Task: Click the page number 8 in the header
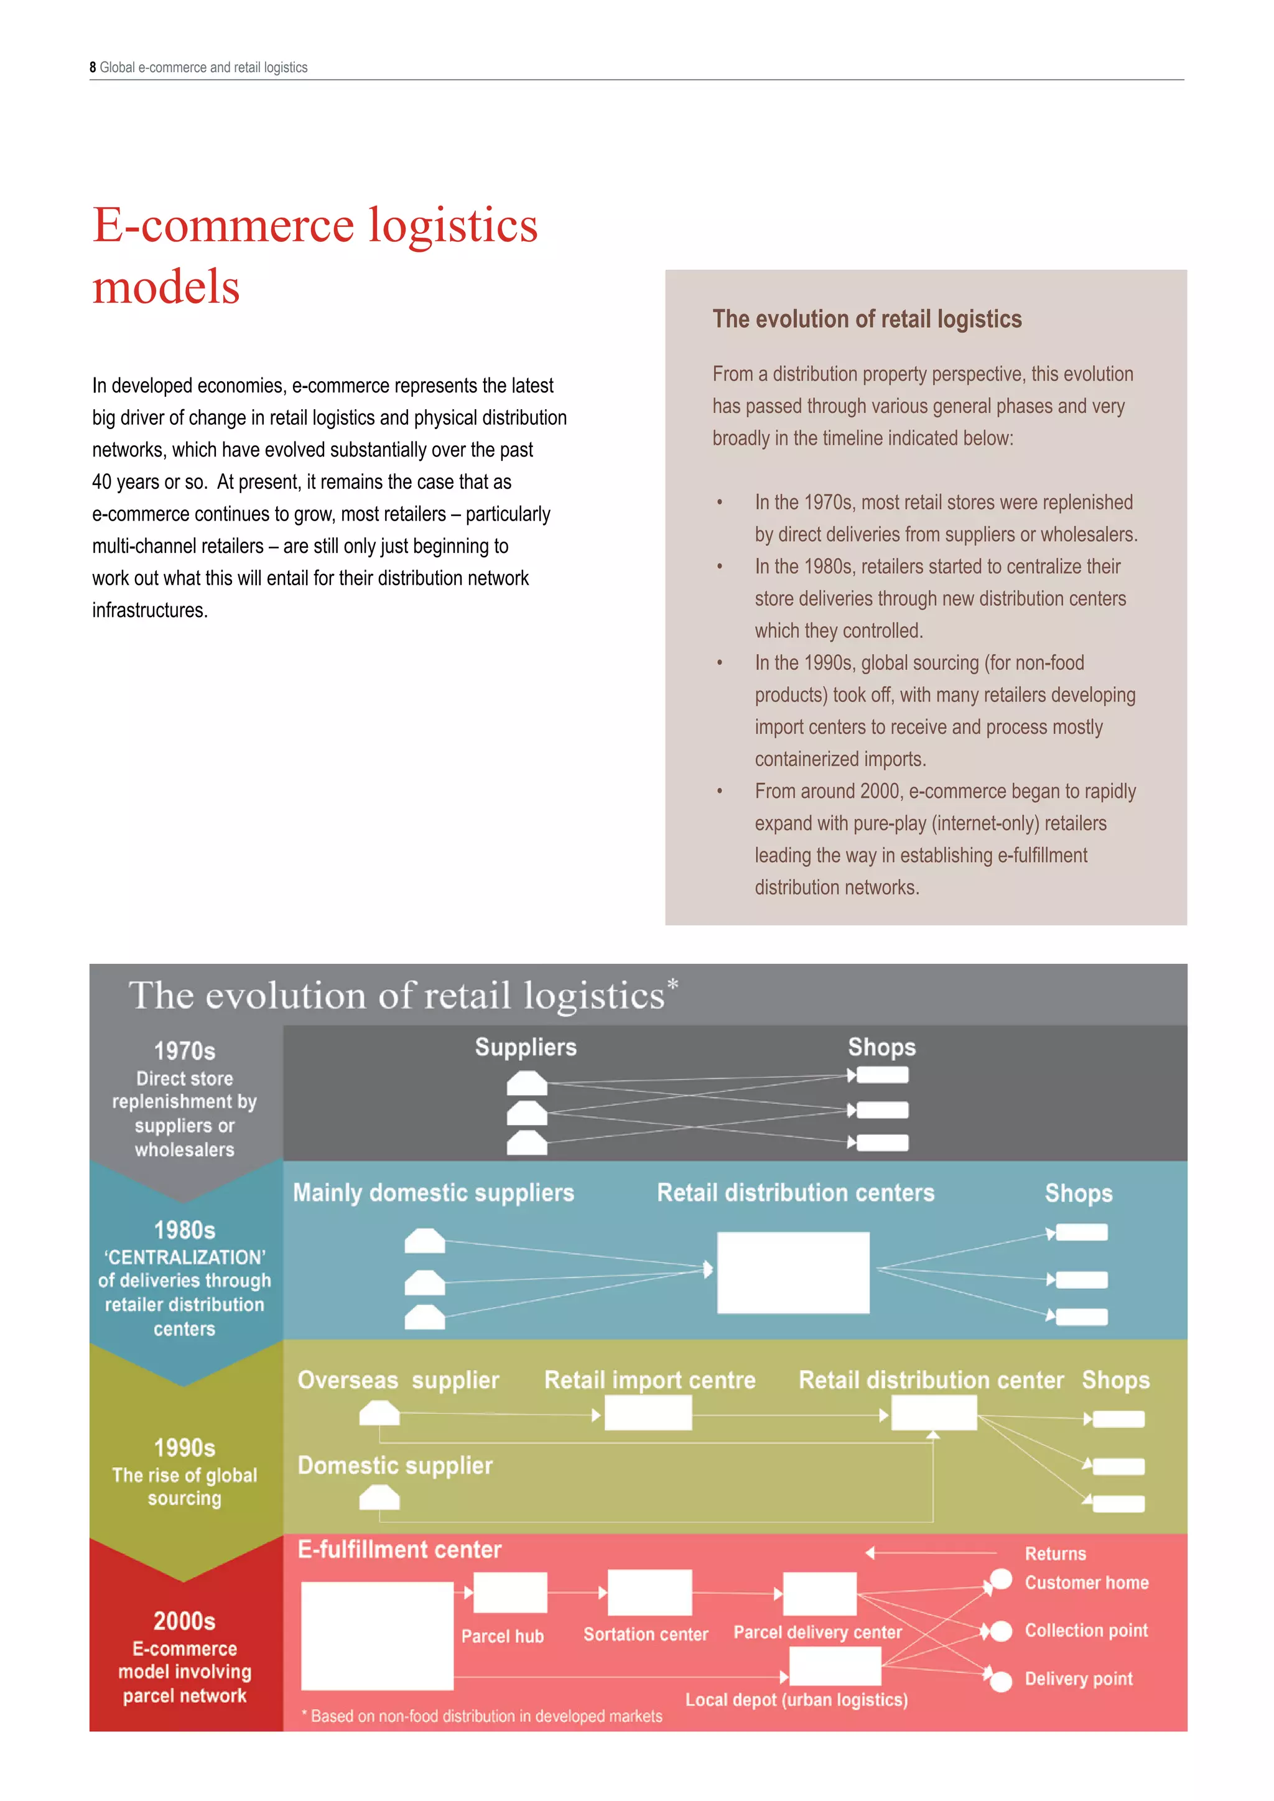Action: (93, 67)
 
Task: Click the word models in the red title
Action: (166, 287)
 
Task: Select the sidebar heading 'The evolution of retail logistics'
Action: (866, 319)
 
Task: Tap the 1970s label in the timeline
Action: (184, 1051)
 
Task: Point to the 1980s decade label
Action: (184, 1230)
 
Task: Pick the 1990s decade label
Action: (184, 1448)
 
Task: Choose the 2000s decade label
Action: (184, 1621)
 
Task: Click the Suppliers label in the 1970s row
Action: (526, 1047)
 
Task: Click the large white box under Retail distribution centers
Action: (793, 1272)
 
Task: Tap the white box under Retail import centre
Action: (648, 1414)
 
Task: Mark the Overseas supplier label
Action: (398, 1380)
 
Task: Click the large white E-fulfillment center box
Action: (378, 1636)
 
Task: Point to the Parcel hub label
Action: (502, 1636)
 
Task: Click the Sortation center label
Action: (646, 1635)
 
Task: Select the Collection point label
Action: (1086, 1631)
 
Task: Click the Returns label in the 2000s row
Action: (1055, 1554)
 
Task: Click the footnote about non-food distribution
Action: (483, 1716)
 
